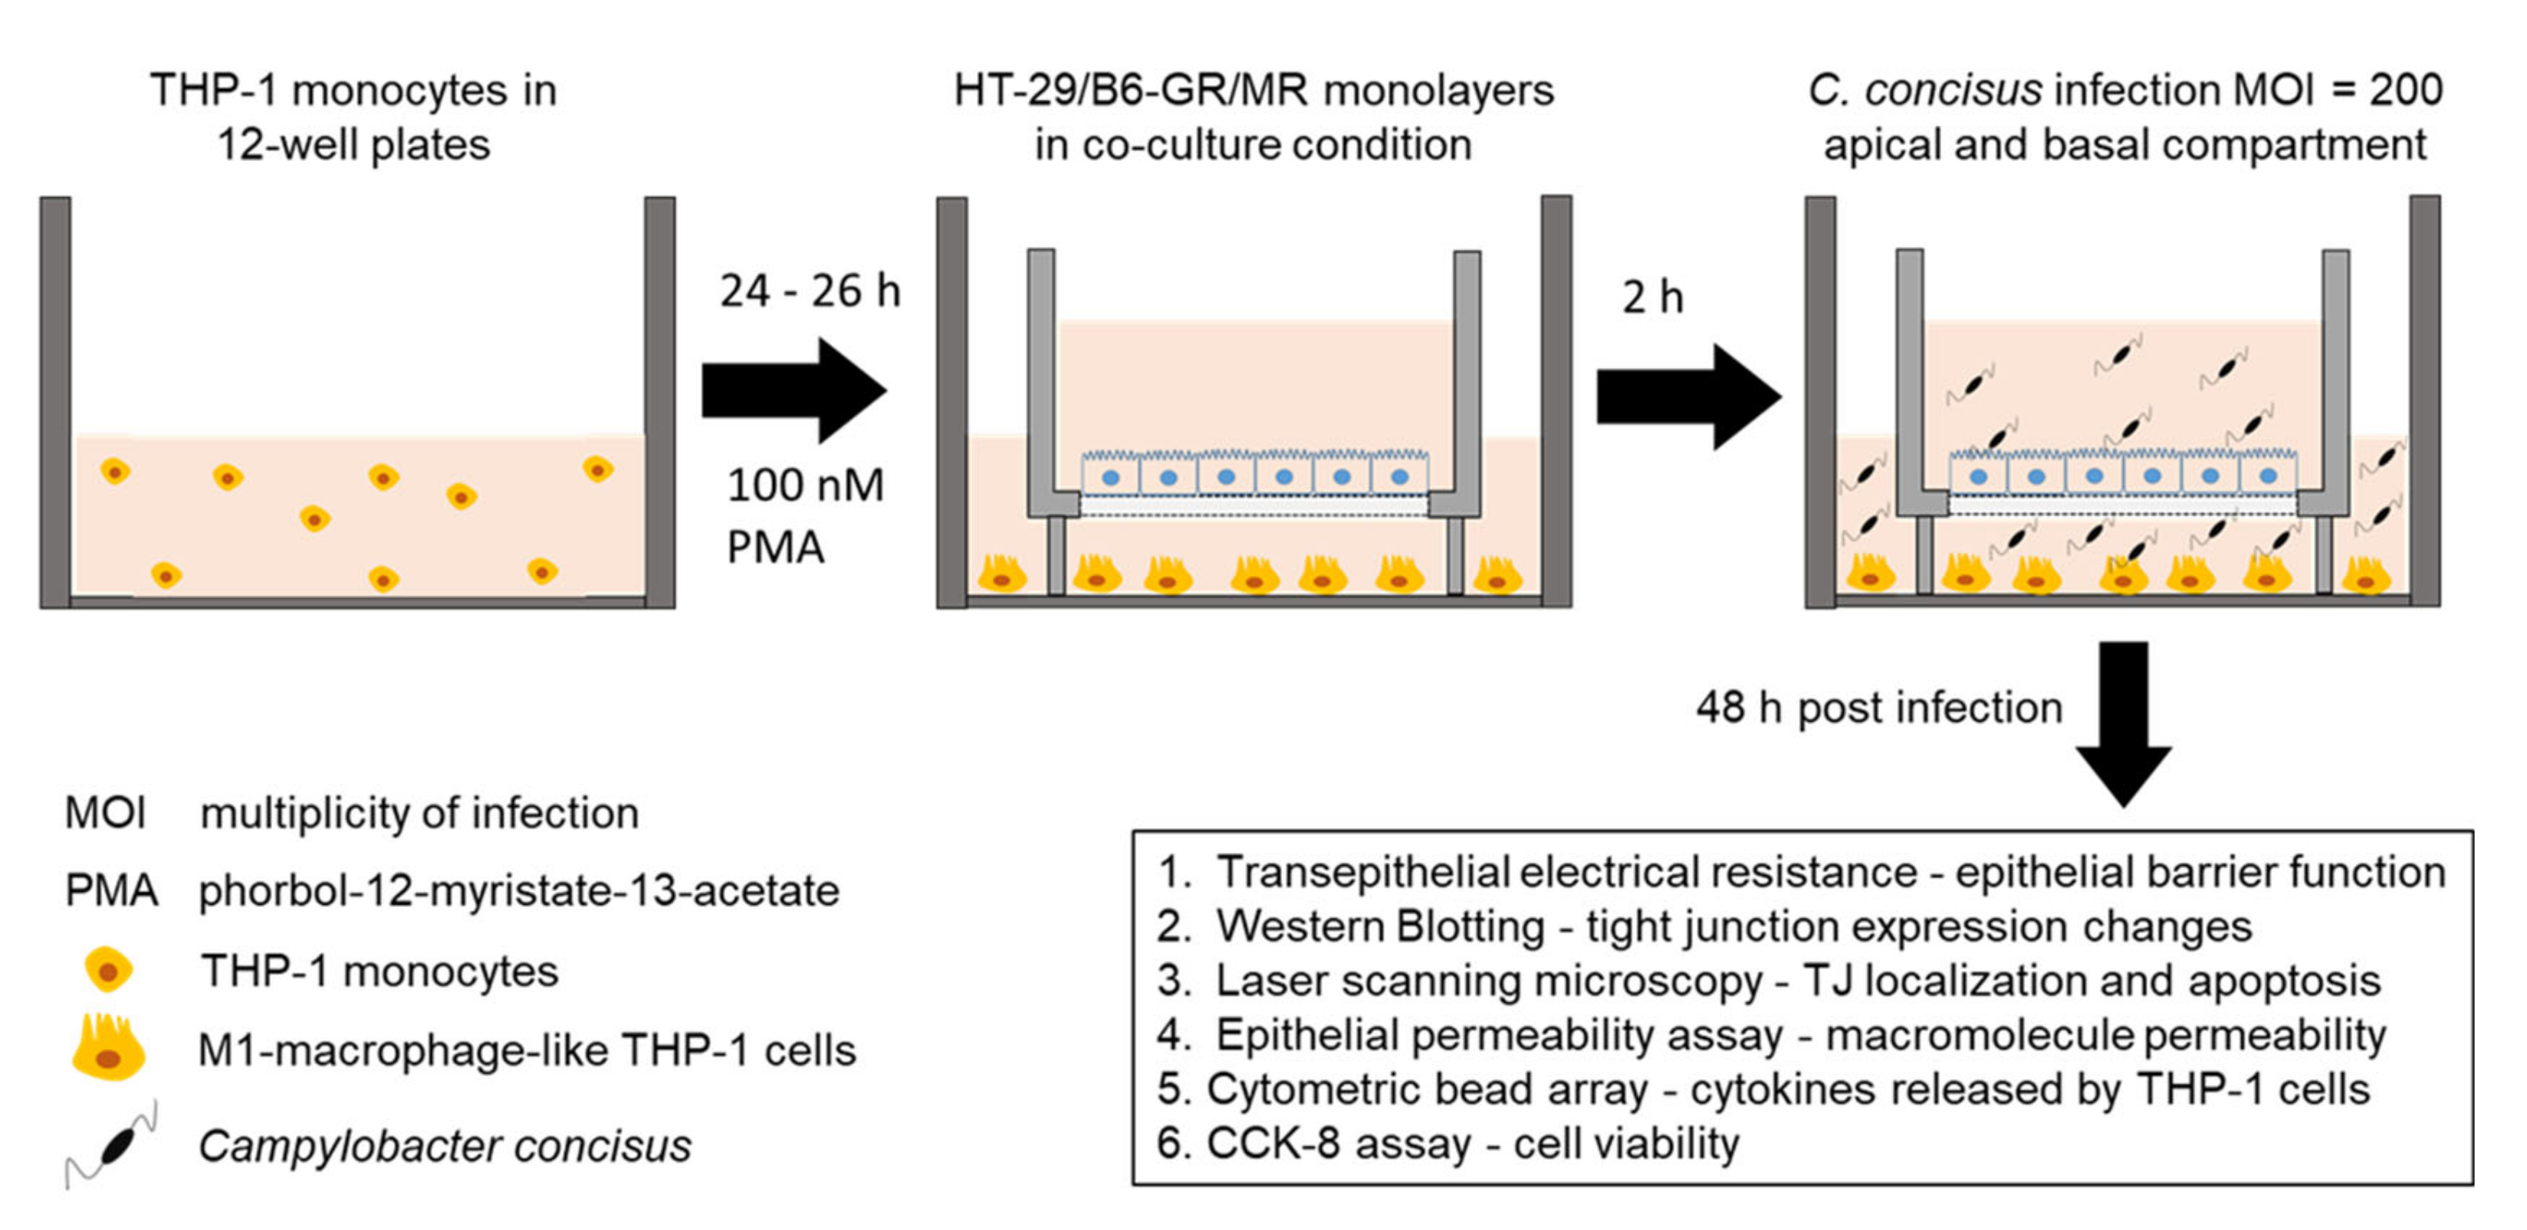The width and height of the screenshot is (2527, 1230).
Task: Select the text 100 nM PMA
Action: pyautogui.click(x=804, y=516)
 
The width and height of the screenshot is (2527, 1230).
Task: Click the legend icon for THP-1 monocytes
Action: pyautogui.click(x=108, y=971)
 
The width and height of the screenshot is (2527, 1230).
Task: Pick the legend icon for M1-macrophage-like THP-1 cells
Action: pyautogui.click(x=109, y=1050)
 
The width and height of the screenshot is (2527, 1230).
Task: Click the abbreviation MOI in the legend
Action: pyautogui.click(x=105, y=813)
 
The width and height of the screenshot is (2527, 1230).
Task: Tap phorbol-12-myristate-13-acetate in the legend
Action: pyautogui.click(x=518, y=890)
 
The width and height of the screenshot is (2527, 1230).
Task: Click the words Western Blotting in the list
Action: pyautogui.click(x=1379, y=926)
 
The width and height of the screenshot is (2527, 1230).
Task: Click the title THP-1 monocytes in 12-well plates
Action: pyautogui.click(x=353, y=117)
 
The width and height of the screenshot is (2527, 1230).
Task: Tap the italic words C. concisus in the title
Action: pyautogui.click(x=1924, y=90)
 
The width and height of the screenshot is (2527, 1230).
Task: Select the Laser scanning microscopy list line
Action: pyautogui.click(x=1768, y=981)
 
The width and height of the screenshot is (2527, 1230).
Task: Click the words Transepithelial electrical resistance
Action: pyautogui.click(x=1566, y=872)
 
